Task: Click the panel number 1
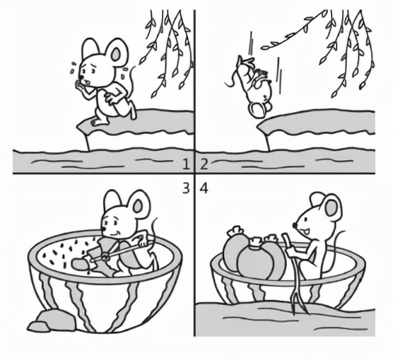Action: click(186, 165)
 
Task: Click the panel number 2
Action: click(204, 165)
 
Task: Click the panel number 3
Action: click(186, 188)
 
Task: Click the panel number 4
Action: click(204, 188)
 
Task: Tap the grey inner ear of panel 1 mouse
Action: click(116, 54)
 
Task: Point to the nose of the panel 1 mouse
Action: click(82, 77)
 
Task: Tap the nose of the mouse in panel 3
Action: click(103, 229)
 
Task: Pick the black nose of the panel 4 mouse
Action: click(296, 225)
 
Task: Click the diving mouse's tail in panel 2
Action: click(232, 77)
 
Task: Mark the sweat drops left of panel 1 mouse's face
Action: click(73, 67)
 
